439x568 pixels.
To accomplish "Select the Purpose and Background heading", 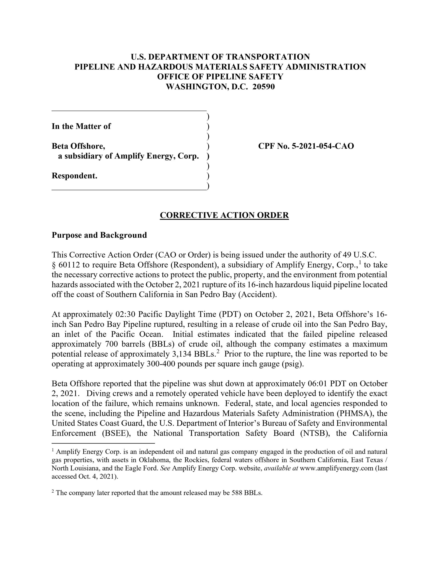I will [x=99, y=235].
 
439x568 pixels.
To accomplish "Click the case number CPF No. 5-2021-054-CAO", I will [x=306, y=146].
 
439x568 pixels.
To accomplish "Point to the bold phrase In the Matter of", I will [x=81, y=126].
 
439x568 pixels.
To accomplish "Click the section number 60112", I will [x=69, y=265].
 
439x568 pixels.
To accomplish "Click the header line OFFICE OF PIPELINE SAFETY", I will [x=220, y=77].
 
